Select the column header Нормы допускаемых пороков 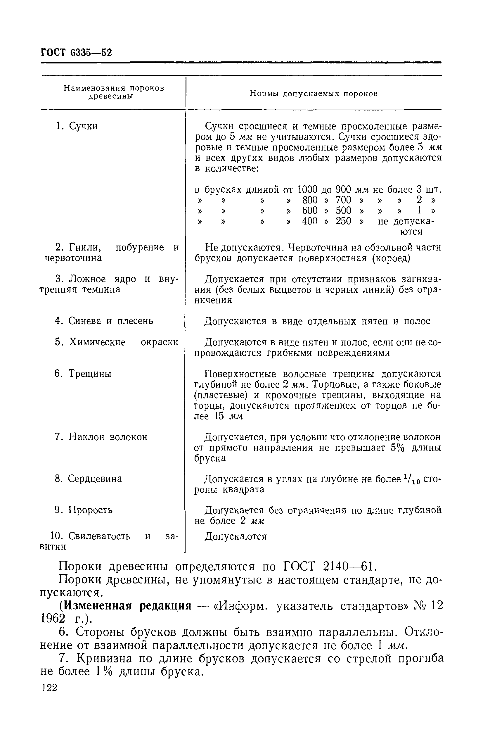pos(314,94)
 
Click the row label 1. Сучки pos(77,126)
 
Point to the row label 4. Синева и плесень pos(104,321)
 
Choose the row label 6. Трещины pos(83,374)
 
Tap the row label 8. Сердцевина pos(88,479)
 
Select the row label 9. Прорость pos(84,510)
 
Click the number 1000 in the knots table pos(308,189)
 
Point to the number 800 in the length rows pos(309,200)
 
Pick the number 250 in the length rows pos(343,221)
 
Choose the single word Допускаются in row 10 pos(236,536)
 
